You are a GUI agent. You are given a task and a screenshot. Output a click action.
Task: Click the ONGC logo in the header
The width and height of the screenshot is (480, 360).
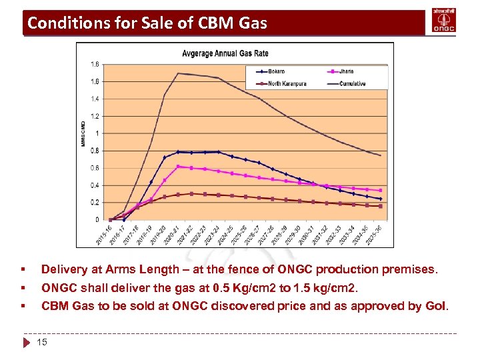[x=444, y=21]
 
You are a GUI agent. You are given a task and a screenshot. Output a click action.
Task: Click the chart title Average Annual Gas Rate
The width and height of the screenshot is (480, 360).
[x=225, y=53]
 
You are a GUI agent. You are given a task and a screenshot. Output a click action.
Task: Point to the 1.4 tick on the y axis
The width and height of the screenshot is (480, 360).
[x=95, y=99]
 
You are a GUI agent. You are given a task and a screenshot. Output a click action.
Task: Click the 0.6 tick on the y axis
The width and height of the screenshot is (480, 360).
[x=95, y=168]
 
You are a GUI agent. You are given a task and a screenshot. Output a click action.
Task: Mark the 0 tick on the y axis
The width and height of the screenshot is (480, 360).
[x=97, y=220]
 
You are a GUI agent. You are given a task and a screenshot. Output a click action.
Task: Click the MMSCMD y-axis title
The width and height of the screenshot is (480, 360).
[x=83, y=133]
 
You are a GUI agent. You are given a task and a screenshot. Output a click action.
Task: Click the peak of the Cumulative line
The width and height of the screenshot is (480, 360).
[x=178, y=73]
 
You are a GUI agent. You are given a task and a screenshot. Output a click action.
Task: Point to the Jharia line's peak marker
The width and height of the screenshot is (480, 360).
[x=178, y=167]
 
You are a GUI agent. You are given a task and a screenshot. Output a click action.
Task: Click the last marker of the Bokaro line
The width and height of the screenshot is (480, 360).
[x=380, y=199]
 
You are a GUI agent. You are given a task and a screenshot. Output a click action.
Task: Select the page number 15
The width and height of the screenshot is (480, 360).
[x=42, y=342]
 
